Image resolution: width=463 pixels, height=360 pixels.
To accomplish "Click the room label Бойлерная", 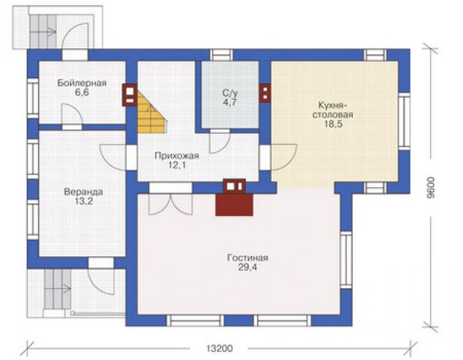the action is pyautogui.click(x=82, y=83).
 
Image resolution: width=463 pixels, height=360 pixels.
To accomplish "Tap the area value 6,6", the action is pyautogui.click(x=82, y=93).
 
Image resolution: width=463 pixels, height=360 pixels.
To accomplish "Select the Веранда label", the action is pyautogui.click(x=84, y=192).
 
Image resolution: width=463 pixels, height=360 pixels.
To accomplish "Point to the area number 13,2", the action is pyautogui.click(x=84, y=201).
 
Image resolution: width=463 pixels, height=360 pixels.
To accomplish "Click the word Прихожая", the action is pyautogui.click(x=177, y=156).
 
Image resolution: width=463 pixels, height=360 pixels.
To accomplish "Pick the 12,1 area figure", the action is pyautogui.click(x=177, y=165).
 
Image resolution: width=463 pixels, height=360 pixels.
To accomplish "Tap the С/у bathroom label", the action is pyautogui.click(x=230, y=93).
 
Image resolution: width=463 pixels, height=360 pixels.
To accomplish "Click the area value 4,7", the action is pyautogui.click(x=230, y=103).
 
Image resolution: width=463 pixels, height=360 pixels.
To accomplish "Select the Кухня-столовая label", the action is pyautogui.click(x=333, y=110).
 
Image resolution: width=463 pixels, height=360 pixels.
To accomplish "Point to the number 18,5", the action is pyautogui.click(x=333, y=124).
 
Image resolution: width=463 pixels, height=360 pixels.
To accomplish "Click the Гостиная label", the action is pyautogui.click(x=247, y=258).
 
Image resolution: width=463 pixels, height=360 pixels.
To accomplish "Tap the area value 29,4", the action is pyautogui.click(x=247, y=267).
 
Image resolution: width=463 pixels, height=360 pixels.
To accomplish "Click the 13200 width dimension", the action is pyautogui.click(x=220, y=349).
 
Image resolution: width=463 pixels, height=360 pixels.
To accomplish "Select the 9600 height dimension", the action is pyautogui.click(x=431, y=187).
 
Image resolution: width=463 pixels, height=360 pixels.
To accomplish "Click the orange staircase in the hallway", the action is pyautogui.click(x=151, y=112).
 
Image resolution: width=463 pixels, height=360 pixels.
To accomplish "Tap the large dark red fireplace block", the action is pyautogui.click(x=234, y=205).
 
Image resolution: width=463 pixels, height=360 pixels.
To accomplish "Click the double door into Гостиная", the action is pyautogui.click(x=171, y=204).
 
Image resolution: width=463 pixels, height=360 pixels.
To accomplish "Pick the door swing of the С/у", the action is pyautogui.click(x=220, y=141).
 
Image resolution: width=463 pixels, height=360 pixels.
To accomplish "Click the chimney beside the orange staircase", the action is pyautogui.click(x=130, y=95).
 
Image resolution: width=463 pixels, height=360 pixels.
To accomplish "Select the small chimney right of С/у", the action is pyautogui.click(x=265, y=93).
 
